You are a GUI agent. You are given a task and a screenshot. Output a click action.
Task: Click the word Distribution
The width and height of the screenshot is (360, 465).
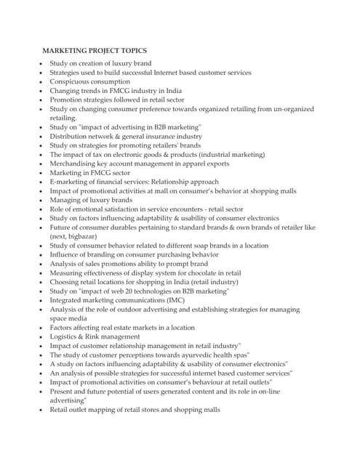72,136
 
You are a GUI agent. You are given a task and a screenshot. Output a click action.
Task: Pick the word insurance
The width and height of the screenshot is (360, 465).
163,136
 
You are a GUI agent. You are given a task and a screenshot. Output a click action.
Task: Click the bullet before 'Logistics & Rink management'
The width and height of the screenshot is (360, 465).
41,337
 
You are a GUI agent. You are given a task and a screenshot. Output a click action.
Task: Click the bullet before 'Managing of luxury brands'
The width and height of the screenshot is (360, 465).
41,200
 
